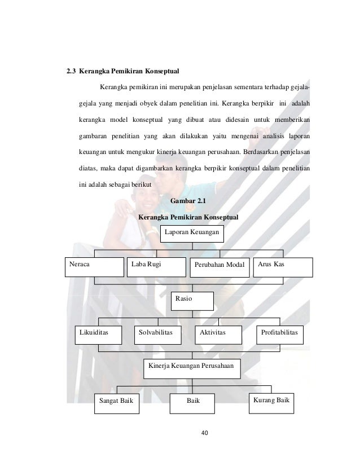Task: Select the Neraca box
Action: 94,267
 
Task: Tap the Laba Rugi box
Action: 155,267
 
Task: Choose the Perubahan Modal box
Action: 219,267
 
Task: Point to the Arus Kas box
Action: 283,267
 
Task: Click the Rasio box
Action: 192,301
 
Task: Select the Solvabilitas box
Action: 160,335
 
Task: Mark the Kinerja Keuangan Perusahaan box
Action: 192,368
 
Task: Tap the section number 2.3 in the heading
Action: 71,72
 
